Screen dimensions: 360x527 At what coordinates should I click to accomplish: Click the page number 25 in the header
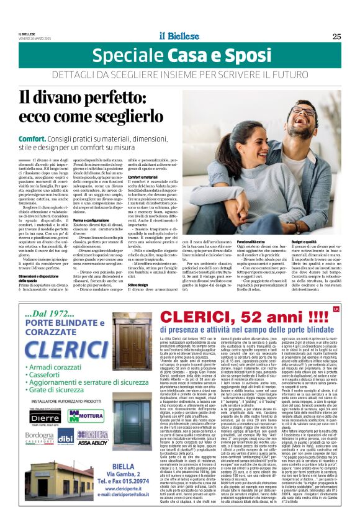(336, 35)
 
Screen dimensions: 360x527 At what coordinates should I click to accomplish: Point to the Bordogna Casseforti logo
(39, 456)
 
